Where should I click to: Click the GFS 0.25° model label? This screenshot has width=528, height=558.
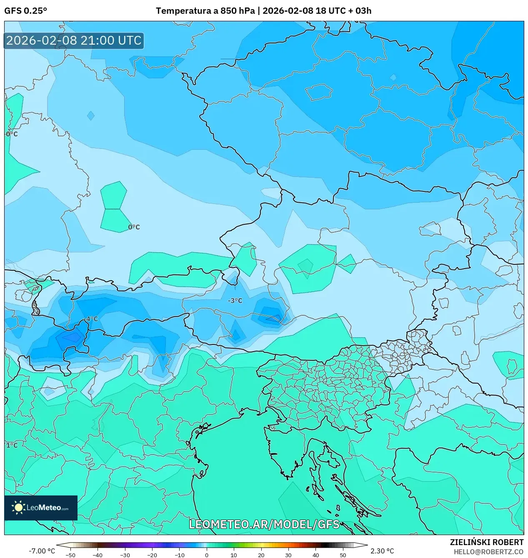pos(25,11)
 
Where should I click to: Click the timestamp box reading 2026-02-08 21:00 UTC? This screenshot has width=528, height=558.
pos(74,40)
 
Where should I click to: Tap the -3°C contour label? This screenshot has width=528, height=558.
pos(235,301)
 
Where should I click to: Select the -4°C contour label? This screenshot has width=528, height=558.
pos(91,319)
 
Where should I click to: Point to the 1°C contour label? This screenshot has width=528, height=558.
pos(12,445)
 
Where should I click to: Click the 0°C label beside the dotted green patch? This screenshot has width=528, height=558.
pos(134,227)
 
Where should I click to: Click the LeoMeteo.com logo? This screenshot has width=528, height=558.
pos(41,508)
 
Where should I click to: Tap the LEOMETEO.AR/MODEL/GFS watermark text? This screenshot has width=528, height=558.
pos(264,524)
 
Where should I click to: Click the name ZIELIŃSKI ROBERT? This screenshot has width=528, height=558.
pos(486,542)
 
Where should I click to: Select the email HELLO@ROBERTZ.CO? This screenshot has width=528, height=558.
pos(488,552)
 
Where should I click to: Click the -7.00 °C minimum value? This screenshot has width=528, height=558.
pos(42,551)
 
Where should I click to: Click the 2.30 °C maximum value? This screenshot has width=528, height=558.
pos(382,551)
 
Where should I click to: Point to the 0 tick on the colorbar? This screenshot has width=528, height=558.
pos(207,555)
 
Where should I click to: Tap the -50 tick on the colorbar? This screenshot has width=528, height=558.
pos(70,555)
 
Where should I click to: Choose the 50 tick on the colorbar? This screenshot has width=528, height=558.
pos(343,555)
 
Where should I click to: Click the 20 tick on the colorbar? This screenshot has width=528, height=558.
pos(261,555)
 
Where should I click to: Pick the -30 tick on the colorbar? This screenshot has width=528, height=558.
pos(125,555)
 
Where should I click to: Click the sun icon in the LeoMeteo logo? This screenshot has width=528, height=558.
pos(19,508)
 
